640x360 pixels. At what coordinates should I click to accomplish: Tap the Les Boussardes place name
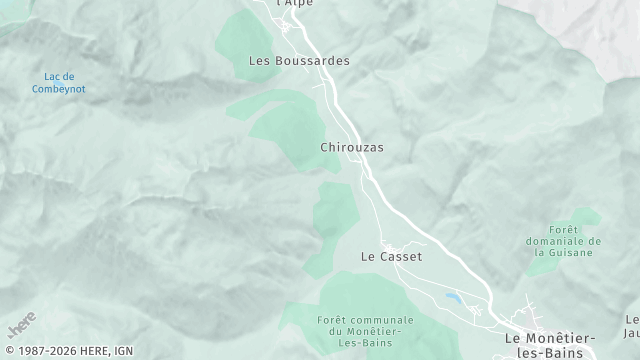point(299,61)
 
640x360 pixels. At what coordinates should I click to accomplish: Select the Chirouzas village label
point(352,147)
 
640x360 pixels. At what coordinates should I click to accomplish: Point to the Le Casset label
point(391,257)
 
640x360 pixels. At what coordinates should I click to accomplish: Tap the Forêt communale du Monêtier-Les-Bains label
point(359,331)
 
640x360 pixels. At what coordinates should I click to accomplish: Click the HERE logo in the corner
point(20,327)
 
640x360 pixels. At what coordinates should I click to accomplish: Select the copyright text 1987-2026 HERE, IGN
point(66,351)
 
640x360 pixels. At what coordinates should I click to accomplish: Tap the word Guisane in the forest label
point(566,252)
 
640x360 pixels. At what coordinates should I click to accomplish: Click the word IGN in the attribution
point(123,351)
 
